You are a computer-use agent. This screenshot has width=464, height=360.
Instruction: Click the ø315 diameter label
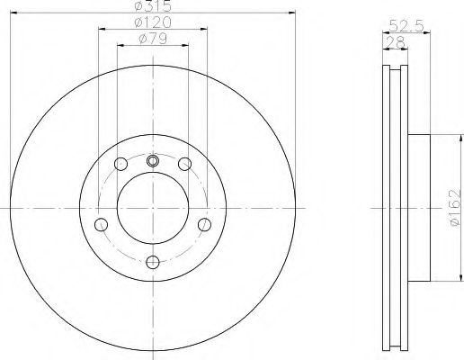point(153,6)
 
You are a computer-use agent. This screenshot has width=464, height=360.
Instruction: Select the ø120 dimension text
point(153,22)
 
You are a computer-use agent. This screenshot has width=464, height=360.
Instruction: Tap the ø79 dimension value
point(153,39)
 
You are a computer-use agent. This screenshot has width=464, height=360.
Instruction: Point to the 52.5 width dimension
point(406,26)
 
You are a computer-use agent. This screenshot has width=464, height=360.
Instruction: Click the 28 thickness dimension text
point(396,42)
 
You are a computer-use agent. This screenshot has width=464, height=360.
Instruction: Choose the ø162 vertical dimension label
point(455,208)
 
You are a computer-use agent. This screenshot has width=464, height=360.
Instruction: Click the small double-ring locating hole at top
point(153,161)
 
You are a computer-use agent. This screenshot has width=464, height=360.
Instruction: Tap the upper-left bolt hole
point(121,164)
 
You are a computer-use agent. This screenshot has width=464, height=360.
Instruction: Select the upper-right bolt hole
point(184,164)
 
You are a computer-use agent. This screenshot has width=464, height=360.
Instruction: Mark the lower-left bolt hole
point(101,225)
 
